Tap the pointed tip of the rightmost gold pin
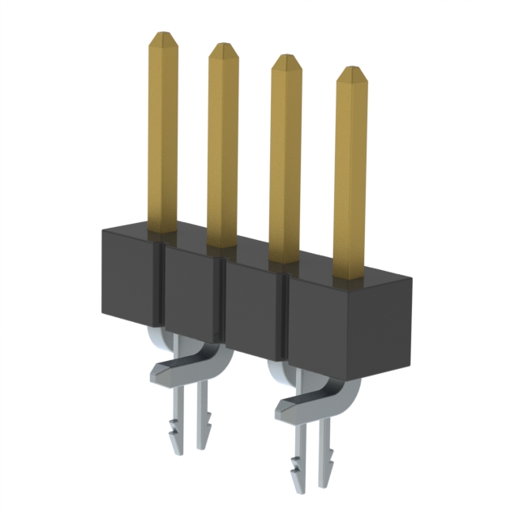351,73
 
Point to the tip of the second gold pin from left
223,49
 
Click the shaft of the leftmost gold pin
162,138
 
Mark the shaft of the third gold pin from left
285,162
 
